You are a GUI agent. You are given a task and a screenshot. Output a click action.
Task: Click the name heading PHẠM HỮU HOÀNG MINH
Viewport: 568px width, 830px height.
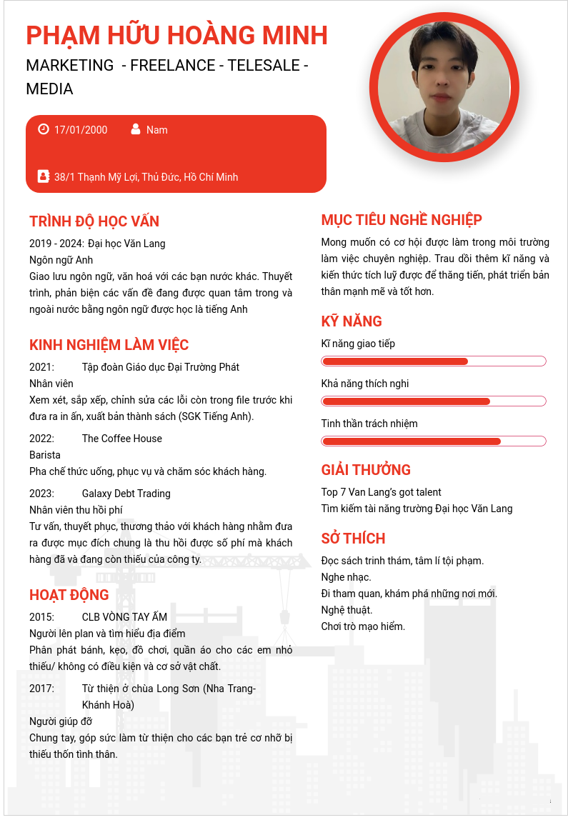point(176,35)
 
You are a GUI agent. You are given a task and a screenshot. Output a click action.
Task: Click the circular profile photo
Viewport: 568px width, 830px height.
point(444,87)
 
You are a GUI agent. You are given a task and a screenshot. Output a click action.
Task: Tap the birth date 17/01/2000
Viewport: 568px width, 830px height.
point(81,130)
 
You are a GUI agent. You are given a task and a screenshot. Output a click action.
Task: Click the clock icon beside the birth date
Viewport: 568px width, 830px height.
point(44,129)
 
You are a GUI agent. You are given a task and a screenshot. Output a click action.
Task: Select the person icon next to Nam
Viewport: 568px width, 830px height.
point(136,129)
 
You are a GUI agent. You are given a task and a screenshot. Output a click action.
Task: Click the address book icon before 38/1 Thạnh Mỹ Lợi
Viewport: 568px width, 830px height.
point(44,176)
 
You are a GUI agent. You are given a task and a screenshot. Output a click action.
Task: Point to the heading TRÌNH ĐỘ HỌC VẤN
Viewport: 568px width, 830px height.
point(94,221)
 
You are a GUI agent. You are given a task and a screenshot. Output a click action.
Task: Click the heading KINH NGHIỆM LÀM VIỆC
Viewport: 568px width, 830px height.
point(109,345)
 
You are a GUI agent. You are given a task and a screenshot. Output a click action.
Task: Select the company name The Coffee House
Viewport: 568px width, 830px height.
point(122,439)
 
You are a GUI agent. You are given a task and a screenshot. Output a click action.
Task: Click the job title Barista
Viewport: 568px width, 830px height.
point(45,455)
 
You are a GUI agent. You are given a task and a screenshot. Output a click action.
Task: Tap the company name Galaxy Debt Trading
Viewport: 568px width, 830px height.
point(126,494)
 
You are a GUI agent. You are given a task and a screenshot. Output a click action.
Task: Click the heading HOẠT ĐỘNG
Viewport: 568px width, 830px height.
point(69,595)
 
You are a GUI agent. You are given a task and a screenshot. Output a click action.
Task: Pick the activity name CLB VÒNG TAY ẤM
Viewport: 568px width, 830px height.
point(124,617)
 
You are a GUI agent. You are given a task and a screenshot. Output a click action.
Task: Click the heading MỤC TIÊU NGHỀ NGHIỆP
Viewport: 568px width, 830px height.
point(402,220)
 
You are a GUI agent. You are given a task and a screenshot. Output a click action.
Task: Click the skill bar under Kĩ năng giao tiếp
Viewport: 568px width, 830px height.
point(434,361)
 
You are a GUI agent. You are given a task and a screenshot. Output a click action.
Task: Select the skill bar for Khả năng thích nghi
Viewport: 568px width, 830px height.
point(434,401)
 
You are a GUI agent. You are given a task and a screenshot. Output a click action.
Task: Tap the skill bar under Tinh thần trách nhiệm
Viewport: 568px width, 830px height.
point(434,441)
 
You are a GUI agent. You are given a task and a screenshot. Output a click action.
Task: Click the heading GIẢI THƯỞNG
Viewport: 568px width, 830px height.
point(366,470)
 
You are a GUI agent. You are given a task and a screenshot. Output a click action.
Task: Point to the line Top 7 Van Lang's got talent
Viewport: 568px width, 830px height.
point(382,492)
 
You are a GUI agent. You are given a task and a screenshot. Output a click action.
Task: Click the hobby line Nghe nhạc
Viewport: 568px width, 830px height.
point(347,577)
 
